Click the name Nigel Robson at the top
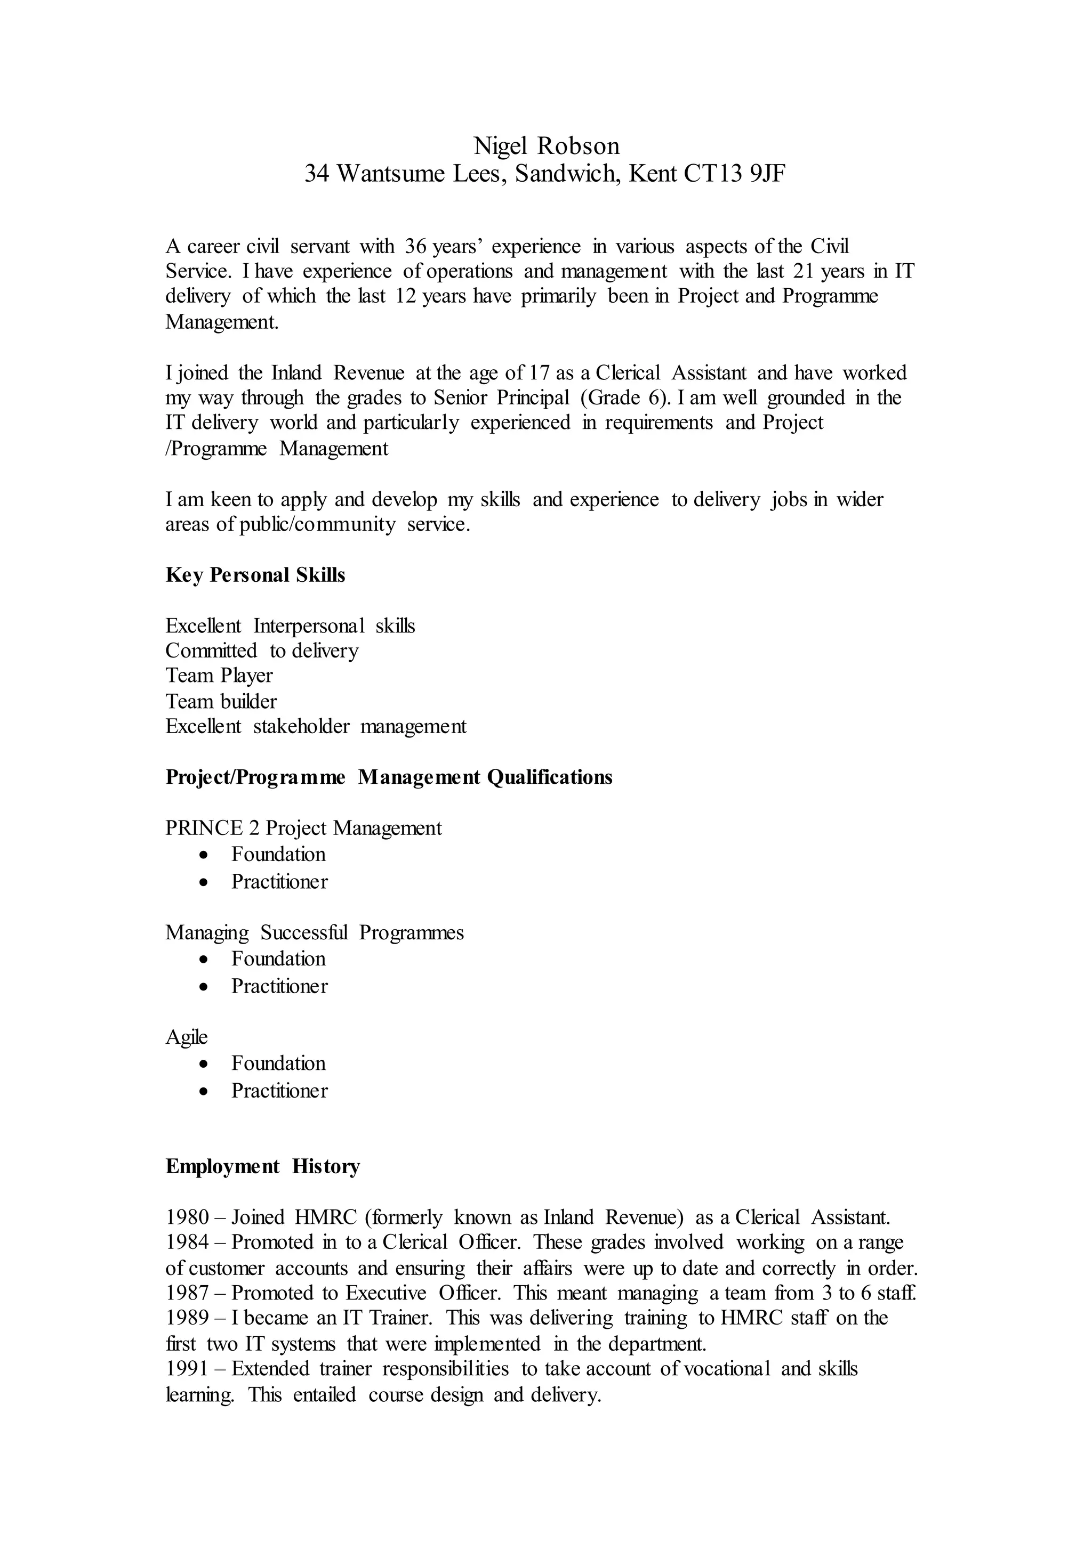(x=546, y=146)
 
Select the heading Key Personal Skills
(x=255, y=575)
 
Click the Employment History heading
(x=262, y=1167)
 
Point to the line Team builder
(x=221, y=702)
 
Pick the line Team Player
(x=219, y=676)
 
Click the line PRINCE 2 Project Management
(x=303, y=828)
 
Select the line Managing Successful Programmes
(x=314, y=933)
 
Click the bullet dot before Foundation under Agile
(x=204, y=1064)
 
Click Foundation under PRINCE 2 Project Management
(x=278, y=854)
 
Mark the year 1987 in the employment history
(x=188, y=1293)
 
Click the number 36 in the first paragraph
(x=415, y=247)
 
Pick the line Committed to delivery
(x=262, y=651)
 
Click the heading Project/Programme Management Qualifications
(x=389, y=777)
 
